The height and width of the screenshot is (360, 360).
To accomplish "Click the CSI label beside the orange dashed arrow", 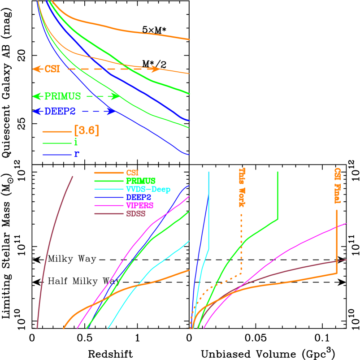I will coord(52,69).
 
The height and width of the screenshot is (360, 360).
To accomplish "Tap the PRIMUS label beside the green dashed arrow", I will coord(62,96).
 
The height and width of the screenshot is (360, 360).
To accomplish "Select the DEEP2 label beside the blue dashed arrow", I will coord(60,111).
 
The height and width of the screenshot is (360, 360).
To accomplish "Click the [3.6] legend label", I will coord(87,130).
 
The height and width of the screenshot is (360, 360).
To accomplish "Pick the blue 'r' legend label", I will coord(76,155).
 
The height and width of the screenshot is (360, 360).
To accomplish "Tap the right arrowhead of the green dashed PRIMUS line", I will coord(116,96).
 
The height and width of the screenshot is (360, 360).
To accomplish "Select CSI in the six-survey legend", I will coord(132,173).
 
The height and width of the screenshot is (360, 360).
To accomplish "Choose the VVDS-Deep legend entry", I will coord(148,189).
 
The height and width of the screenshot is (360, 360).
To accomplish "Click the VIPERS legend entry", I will coord(139,205).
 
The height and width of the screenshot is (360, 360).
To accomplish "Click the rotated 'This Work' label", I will coord(242,187).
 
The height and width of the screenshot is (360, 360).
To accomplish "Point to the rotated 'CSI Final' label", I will coord(337,186).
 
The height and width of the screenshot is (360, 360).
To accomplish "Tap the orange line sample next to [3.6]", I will coord(57,132).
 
